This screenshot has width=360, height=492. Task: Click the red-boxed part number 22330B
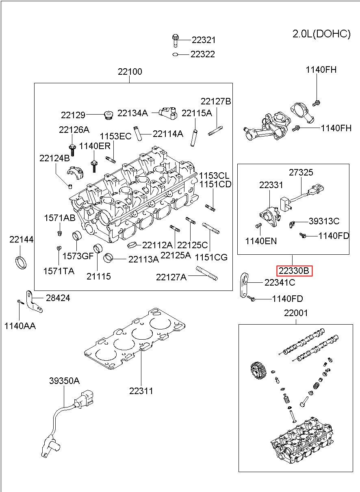[x=294, y=271]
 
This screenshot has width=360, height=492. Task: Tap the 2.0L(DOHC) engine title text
[x=321, y=34]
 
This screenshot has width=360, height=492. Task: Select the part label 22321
[x=204, y=40]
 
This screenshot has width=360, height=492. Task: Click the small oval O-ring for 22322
[x=175, y=54]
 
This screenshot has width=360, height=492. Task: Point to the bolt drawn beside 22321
[x=175, y=41]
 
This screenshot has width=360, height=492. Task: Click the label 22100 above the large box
[x=130, y=72]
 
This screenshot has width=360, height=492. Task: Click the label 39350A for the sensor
[x=64, y=381]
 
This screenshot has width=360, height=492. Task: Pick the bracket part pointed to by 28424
[x=34, y=301]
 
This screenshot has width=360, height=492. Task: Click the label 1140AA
[x=20, y=326]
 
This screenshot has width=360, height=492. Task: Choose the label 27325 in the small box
[x=301, y=172]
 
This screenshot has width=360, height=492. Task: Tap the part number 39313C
[x=324, y=221]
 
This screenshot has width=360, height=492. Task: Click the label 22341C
[x=280, y=283]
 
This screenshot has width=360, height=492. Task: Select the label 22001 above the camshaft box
[x=296, y=313]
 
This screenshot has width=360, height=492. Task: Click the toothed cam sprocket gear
[x=258, y=371]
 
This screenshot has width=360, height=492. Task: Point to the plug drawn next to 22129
[x=108, y=115]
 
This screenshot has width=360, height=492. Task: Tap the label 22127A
[x=171, y=277]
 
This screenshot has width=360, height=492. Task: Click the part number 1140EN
[x=261, y=241]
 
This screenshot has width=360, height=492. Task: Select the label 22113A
[x=143, y=259]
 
